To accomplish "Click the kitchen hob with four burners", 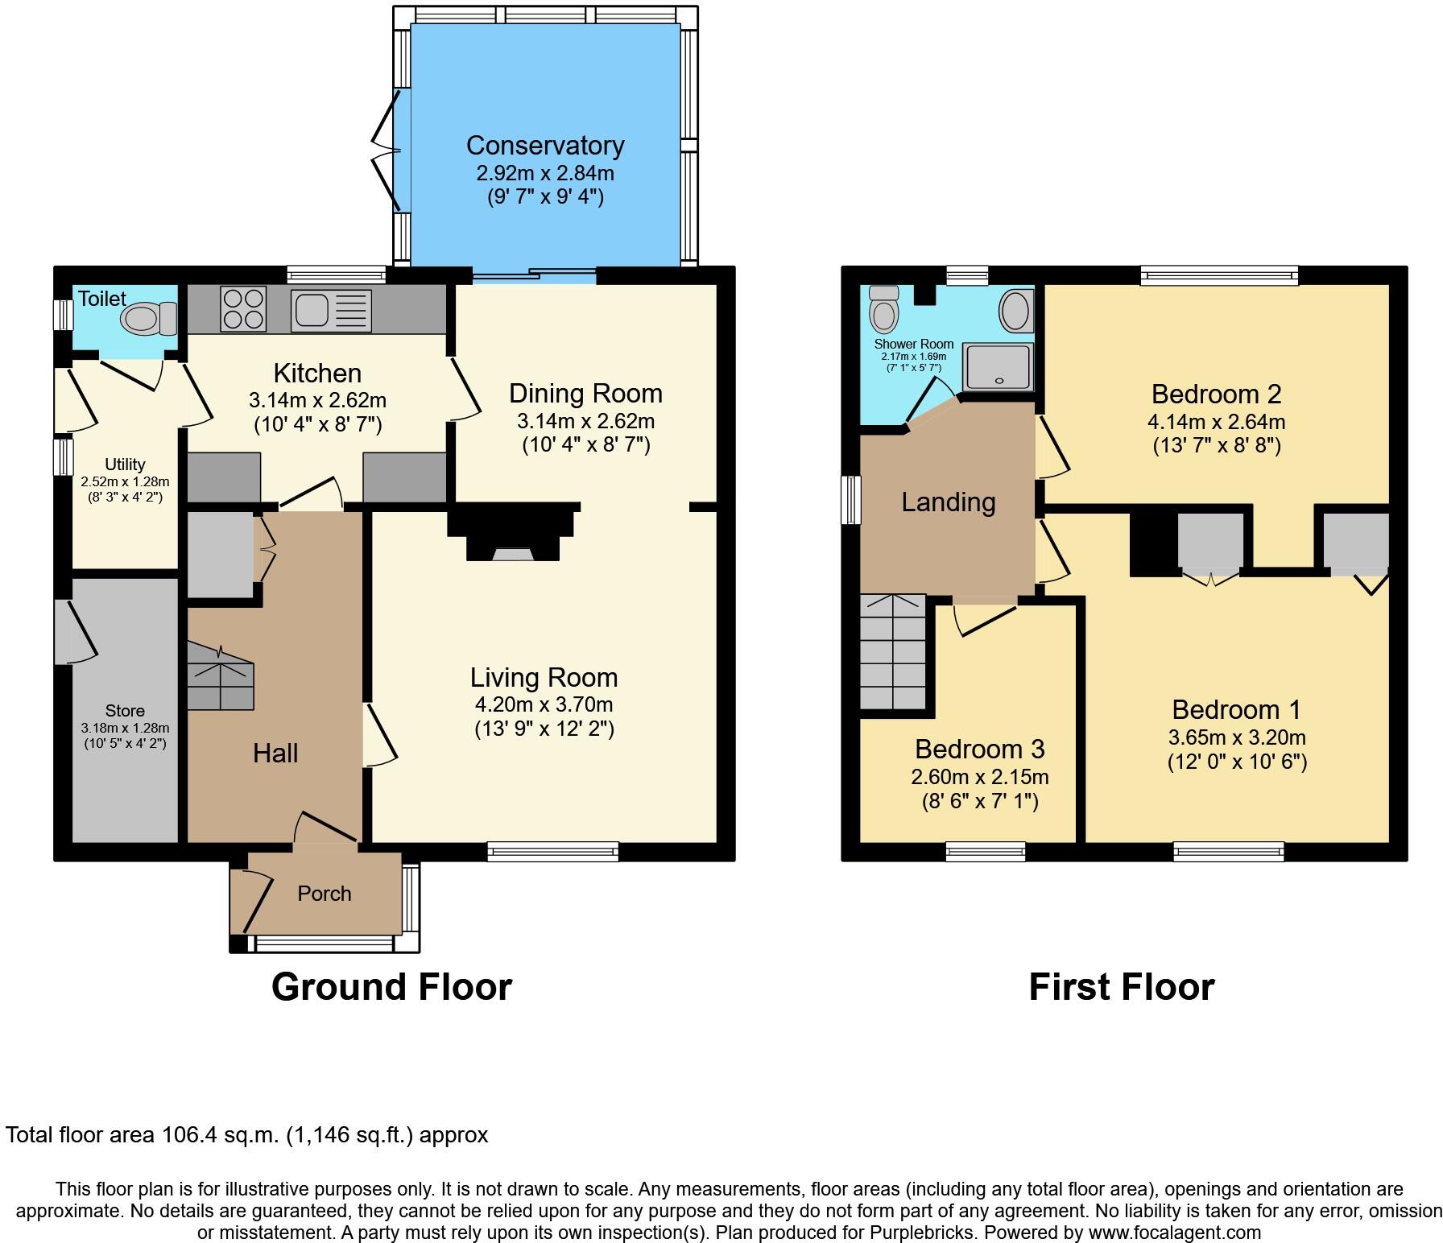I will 243,309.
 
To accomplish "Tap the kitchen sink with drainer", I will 332,310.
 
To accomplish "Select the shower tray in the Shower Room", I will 999,367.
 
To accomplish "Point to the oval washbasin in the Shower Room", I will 1015,310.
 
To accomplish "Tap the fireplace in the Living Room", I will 513,535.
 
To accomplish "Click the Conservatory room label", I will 545,146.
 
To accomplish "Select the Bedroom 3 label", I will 979,750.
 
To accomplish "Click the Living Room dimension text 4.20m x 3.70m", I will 544,704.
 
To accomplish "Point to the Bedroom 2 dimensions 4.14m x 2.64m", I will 1216,422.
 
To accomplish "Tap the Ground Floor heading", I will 391,987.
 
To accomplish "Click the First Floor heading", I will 1121,987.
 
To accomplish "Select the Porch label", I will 324,894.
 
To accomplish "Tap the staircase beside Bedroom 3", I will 893,652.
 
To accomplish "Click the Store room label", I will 125,711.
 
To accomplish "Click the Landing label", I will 948,502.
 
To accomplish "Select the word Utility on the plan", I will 125,465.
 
